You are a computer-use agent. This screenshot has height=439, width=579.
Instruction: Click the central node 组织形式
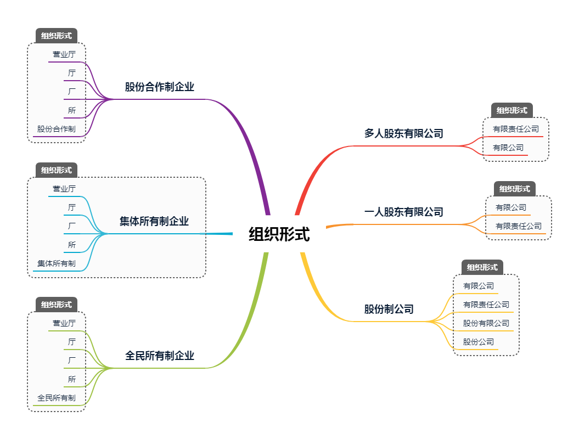point(279,234)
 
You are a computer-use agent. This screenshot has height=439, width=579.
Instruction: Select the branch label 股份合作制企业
point(160,87)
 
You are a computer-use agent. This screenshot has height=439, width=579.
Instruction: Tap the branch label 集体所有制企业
point(154,221)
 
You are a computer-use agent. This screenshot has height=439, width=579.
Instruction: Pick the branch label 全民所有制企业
point(160,356)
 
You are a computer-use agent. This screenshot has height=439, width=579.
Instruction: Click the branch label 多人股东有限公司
point(404,133)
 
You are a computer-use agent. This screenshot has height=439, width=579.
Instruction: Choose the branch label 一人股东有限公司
point(404,212)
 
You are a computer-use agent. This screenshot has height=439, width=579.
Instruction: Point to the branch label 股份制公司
point(389,309)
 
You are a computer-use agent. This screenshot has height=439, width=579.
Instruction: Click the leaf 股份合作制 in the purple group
point(57,129)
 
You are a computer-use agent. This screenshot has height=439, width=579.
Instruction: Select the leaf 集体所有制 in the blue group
point(57,263)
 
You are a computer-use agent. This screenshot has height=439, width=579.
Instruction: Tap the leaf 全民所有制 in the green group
point(57,398)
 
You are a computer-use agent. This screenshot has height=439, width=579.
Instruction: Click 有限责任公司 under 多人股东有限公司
point(516,129)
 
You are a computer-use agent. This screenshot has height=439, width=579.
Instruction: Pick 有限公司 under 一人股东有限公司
point(511,207)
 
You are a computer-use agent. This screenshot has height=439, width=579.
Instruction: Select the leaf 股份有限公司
point(486,323)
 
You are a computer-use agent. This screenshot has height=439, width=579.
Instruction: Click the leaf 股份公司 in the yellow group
point(479,342)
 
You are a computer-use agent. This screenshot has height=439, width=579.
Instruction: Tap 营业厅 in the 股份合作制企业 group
point(64,54)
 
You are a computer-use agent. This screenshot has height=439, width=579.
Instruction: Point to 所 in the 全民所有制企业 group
point(72,379)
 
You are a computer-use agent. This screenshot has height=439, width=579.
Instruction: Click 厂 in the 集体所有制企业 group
point(72,226)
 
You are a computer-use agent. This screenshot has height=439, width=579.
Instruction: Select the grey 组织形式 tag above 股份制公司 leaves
point(482,267)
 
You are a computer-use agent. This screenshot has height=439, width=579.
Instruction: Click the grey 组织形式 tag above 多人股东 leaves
point(512,110)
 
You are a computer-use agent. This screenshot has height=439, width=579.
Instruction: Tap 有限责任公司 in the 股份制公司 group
point(486,305)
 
